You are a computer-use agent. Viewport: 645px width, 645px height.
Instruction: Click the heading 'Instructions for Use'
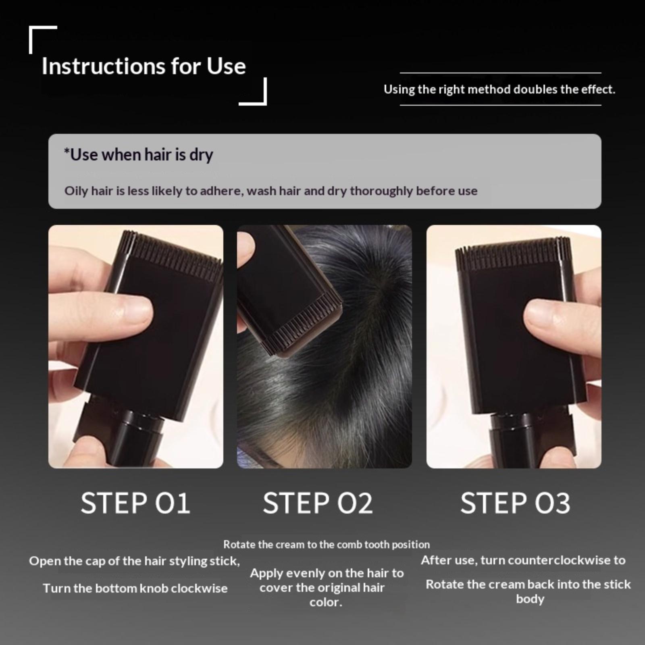(x=144, y=66)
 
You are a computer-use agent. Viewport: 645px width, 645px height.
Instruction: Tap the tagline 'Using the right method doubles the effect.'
(x=499, y=89)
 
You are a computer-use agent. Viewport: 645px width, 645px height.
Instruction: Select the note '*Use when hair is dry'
(x=138, y=154)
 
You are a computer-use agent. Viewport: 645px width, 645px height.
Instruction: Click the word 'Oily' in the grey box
(x=76, y=191)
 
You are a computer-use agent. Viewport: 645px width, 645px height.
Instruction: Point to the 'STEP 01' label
(x=135, y=503)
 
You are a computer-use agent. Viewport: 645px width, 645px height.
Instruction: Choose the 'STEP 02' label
(x=318, y=503)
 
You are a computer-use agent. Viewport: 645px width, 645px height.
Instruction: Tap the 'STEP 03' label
(x=515, y=503)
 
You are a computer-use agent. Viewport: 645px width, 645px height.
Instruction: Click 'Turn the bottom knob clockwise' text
(x=135, y=588)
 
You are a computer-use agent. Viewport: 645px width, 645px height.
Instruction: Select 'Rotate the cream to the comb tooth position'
(x=327, y=545)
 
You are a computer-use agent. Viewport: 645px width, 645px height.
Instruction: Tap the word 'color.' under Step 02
(x=326, y=602)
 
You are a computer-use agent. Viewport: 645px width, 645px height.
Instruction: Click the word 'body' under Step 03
(x=530, y=599)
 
